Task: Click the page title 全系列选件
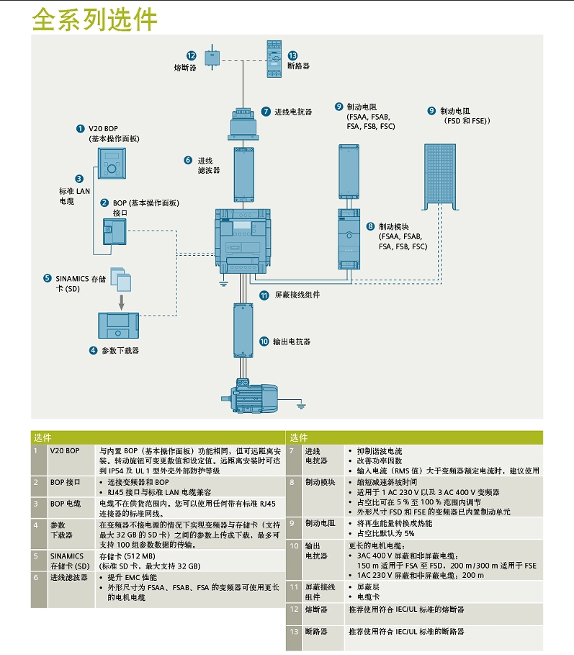(94, 19)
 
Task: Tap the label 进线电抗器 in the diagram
(293, 112)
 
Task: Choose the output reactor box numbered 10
(243, 330)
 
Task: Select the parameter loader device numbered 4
(117, 326)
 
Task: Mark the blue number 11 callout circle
(264, 295)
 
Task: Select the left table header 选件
(43, 437)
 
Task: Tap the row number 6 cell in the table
(36, 578)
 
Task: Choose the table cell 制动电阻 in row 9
(319, 523)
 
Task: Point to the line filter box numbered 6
(243, 173)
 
